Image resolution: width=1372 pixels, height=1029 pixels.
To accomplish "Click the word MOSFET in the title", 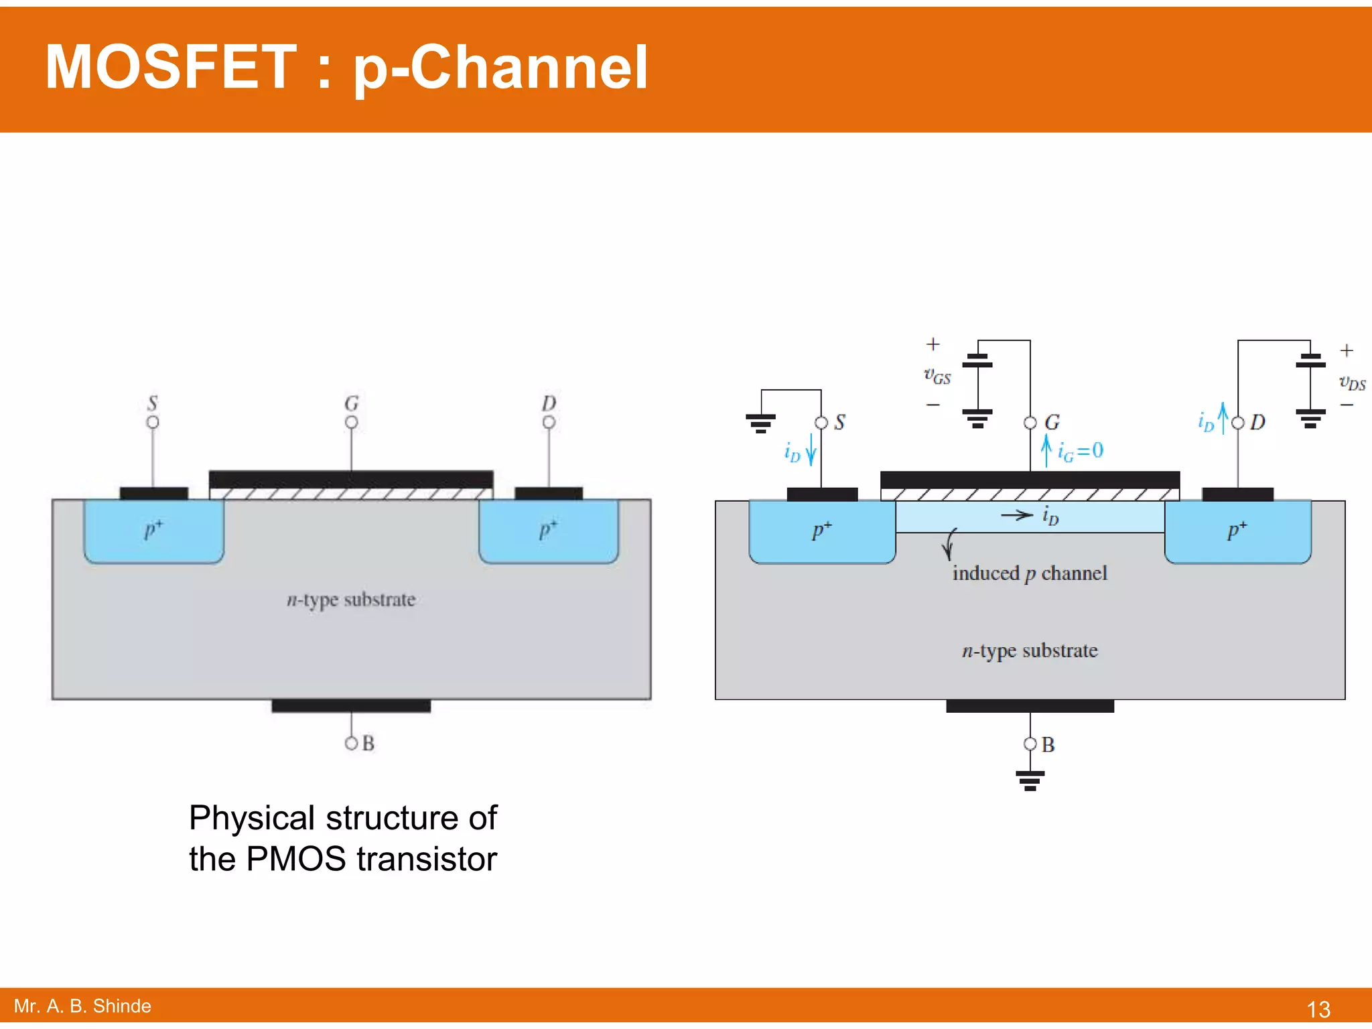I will (170, 67).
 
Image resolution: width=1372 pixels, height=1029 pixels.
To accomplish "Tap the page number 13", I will (1318, 1009).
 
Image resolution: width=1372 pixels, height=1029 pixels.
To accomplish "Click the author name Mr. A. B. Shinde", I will (82, 1006).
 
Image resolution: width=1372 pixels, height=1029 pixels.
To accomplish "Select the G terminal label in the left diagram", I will (352, 403).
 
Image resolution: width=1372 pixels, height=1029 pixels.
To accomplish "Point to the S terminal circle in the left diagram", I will (153, 422).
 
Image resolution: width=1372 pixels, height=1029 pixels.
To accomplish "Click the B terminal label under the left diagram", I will (368, 744).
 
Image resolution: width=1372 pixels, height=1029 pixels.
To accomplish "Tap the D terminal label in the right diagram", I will (1257, 422).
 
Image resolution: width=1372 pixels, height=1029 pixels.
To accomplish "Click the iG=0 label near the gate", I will (1079, 451).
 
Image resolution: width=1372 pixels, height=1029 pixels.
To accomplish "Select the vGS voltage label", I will (937, 376).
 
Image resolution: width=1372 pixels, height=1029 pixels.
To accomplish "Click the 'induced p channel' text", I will (1030, 573).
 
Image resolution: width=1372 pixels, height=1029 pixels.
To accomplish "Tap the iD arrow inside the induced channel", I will (1017, 515).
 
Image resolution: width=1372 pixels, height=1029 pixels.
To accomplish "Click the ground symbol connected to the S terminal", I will (760, 423).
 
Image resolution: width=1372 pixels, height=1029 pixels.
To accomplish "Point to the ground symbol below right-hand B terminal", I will (1030, 780).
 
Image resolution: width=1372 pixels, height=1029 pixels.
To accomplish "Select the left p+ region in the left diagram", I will (153, 531).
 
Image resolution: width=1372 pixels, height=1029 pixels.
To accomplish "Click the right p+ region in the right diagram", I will (1237, 531).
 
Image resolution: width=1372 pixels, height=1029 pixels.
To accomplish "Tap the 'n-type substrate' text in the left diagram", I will (351, 600).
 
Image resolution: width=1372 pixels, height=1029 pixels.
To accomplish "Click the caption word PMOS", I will (298, 860).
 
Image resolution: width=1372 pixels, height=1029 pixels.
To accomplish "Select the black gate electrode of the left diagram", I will (351, 479).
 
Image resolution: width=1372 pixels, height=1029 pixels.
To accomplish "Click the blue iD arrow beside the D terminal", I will (1223, 418).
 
